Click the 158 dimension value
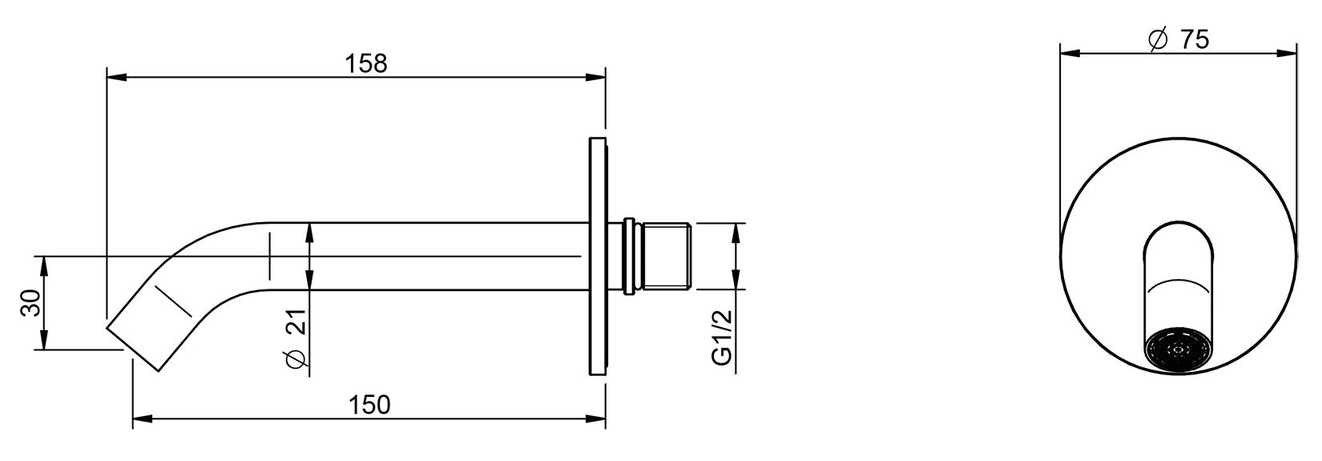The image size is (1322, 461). (x=366, y=63)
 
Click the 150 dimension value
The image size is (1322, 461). (x=369, y=405)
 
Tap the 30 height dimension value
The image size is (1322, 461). (x=30, y=303)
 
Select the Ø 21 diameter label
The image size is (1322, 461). (x=296, y=339)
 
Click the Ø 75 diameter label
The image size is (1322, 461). (x=1179, y=39)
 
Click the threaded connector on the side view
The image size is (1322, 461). (x=667, y=257)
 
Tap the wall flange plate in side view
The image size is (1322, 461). (x=597, y=257)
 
